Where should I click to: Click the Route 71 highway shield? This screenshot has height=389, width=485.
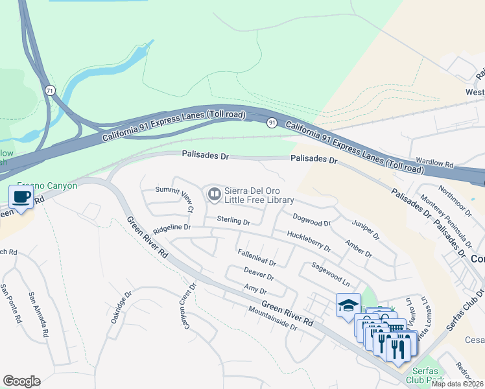(x=50, y=90)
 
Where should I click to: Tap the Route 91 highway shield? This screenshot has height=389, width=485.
(x=272, y=122)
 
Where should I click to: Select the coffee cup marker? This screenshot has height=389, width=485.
(x=21, y=197)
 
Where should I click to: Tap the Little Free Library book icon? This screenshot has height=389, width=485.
(x=214, y=194)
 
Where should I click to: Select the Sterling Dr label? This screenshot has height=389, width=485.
(x=233, y=221)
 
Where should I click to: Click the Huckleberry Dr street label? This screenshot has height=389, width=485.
(x=309, y=241)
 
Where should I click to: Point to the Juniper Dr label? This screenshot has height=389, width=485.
(x=365, y=230)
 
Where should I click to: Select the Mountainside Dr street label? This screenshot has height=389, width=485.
(x=272, y=318)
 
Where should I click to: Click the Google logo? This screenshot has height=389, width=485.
(x=21, y=381)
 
